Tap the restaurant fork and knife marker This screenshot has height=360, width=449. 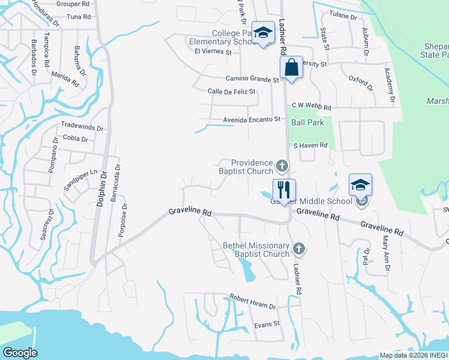(282, 190)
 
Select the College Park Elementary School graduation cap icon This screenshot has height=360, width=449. (262, 33)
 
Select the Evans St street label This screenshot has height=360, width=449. (267, 324)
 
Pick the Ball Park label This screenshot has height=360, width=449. (307, 122)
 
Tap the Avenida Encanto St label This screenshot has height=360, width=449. (252, 119)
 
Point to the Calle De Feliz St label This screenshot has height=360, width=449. (232, 91)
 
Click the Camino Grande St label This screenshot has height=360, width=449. (252, 79)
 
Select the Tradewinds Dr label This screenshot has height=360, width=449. (83, 127)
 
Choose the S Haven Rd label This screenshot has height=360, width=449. (310, 145)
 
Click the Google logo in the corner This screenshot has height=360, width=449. (20, 353)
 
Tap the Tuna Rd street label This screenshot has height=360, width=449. (78, 18)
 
